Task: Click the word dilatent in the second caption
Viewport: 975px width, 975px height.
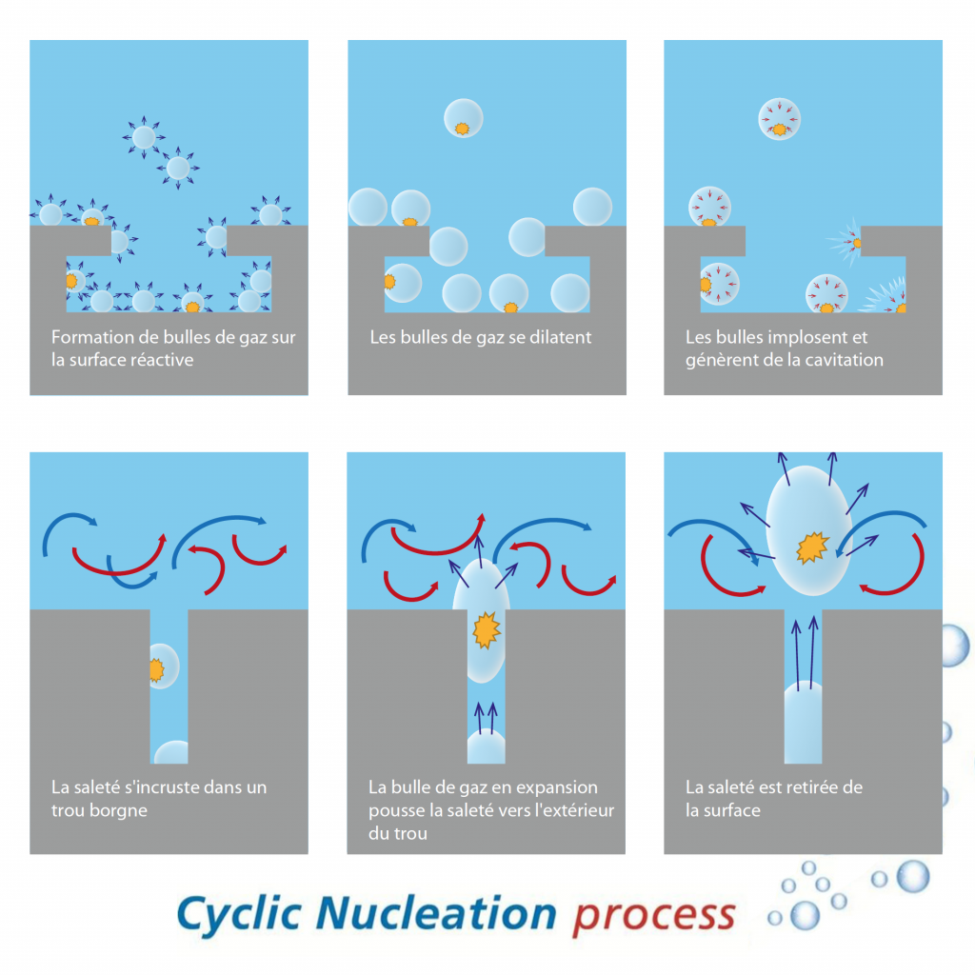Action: click(x=559, y=338)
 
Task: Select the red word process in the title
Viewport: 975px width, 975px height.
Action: click(x=653, y=915)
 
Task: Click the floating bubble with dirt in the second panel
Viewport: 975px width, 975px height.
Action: click(x=464, y=118)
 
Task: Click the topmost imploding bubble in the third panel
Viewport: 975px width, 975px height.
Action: click(x=779, y=119)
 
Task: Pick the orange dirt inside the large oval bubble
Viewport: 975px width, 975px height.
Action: click(x=811, y=546)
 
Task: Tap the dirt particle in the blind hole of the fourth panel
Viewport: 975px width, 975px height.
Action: click(x=156, y=668)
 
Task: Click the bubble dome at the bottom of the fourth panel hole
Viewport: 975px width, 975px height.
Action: click(x=171, y=753)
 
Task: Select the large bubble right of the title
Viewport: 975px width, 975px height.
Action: click(x=912, y=876)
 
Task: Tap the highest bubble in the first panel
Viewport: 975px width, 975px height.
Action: click(x=144, y=137)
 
